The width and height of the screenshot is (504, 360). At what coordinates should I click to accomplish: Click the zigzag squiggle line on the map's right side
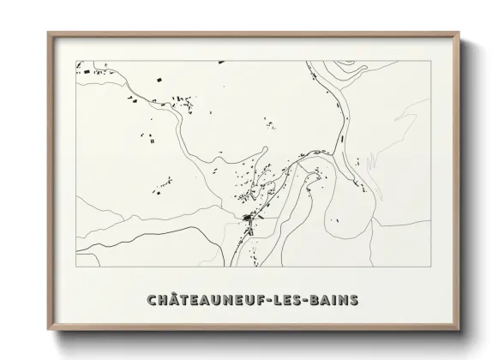[371, 160]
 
